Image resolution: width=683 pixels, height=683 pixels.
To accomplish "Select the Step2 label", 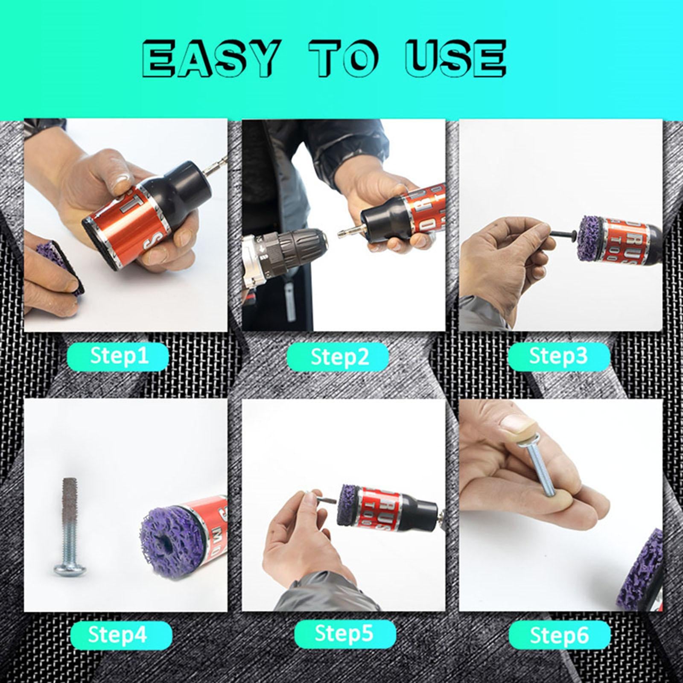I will pos(338,357).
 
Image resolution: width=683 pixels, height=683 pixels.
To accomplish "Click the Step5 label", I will pos(344,633).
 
